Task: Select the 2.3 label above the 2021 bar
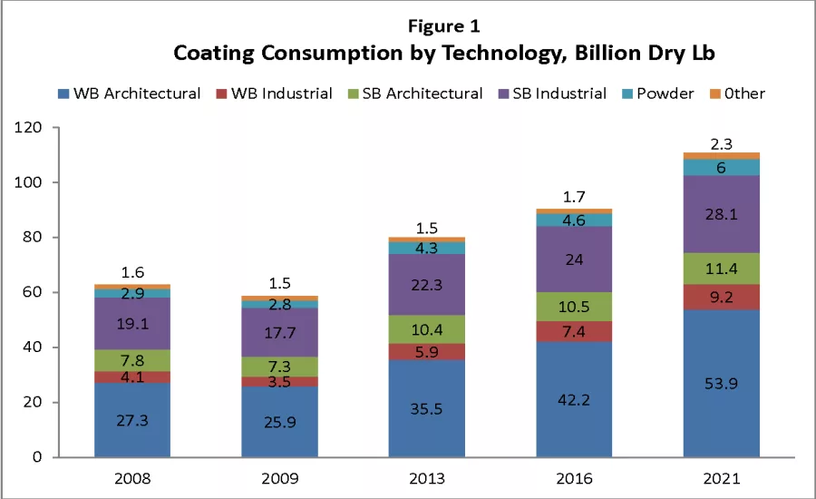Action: [722, 143]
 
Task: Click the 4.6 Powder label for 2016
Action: [574, 220]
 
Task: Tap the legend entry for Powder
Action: [665, 93]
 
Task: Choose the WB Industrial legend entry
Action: [274, 93]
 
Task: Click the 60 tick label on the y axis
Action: [33, 292]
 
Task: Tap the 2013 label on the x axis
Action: [426, 476]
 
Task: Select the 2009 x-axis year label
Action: [279, 476]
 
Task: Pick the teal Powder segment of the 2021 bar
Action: [722, 167]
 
